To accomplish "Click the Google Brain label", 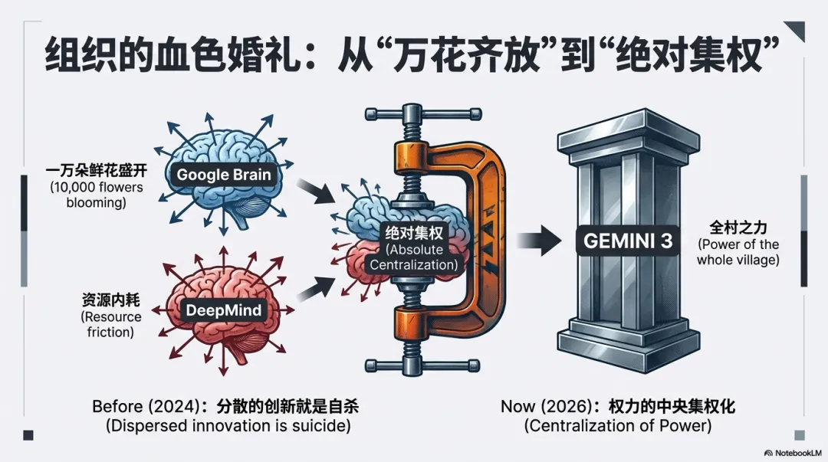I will [224, 175].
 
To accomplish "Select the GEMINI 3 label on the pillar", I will [628, 241].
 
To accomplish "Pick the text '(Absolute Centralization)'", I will [414, 257].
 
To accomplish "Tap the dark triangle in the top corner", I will [795, 31].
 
